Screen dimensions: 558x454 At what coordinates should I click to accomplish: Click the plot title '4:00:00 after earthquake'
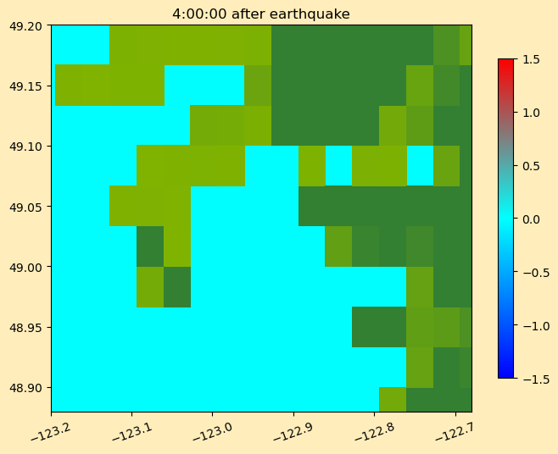(x=261, y=14)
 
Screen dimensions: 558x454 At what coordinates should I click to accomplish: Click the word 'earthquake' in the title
(x=310, y=14)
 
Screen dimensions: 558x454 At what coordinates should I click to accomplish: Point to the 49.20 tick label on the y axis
(x=25, y=26)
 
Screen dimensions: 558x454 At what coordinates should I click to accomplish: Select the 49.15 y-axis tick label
(x=25, y=86)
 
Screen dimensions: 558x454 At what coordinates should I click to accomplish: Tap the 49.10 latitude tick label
(x=25, y=147)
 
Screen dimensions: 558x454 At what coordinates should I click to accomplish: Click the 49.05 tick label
(x=25, y=207)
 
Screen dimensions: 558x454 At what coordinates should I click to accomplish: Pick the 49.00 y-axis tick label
(x=25, y=267)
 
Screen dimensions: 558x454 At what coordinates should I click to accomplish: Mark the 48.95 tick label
(x=25, y=327)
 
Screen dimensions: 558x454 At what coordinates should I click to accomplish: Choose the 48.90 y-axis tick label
(x=25, y=387)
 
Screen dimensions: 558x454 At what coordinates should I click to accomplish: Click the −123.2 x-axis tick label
(x=51, y=431)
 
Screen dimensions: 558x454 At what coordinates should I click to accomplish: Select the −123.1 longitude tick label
(x=131, y=431)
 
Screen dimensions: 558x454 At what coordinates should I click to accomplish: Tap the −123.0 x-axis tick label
(x=213, y=431)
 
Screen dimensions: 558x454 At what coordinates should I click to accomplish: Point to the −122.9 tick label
(x=293, y=431)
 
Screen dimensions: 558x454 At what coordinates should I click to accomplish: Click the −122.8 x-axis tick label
(x=374, y=431)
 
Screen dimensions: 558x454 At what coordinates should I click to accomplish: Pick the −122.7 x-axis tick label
(x=455, y=431)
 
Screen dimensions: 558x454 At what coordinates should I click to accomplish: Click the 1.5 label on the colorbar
(x=531, y=59)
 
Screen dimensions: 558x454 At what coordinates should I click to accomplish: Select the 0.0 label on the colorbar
(x=531, y=219)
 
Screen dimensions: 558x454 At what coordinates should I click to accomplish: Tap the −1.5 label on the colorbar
(x=536, y=379)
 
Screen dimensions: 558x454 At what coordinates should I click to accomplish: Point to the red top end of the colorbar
(x=505, y=61)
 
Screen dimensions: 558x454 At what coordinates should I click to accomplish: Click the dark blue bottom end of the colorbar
(x=505, y=375)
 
